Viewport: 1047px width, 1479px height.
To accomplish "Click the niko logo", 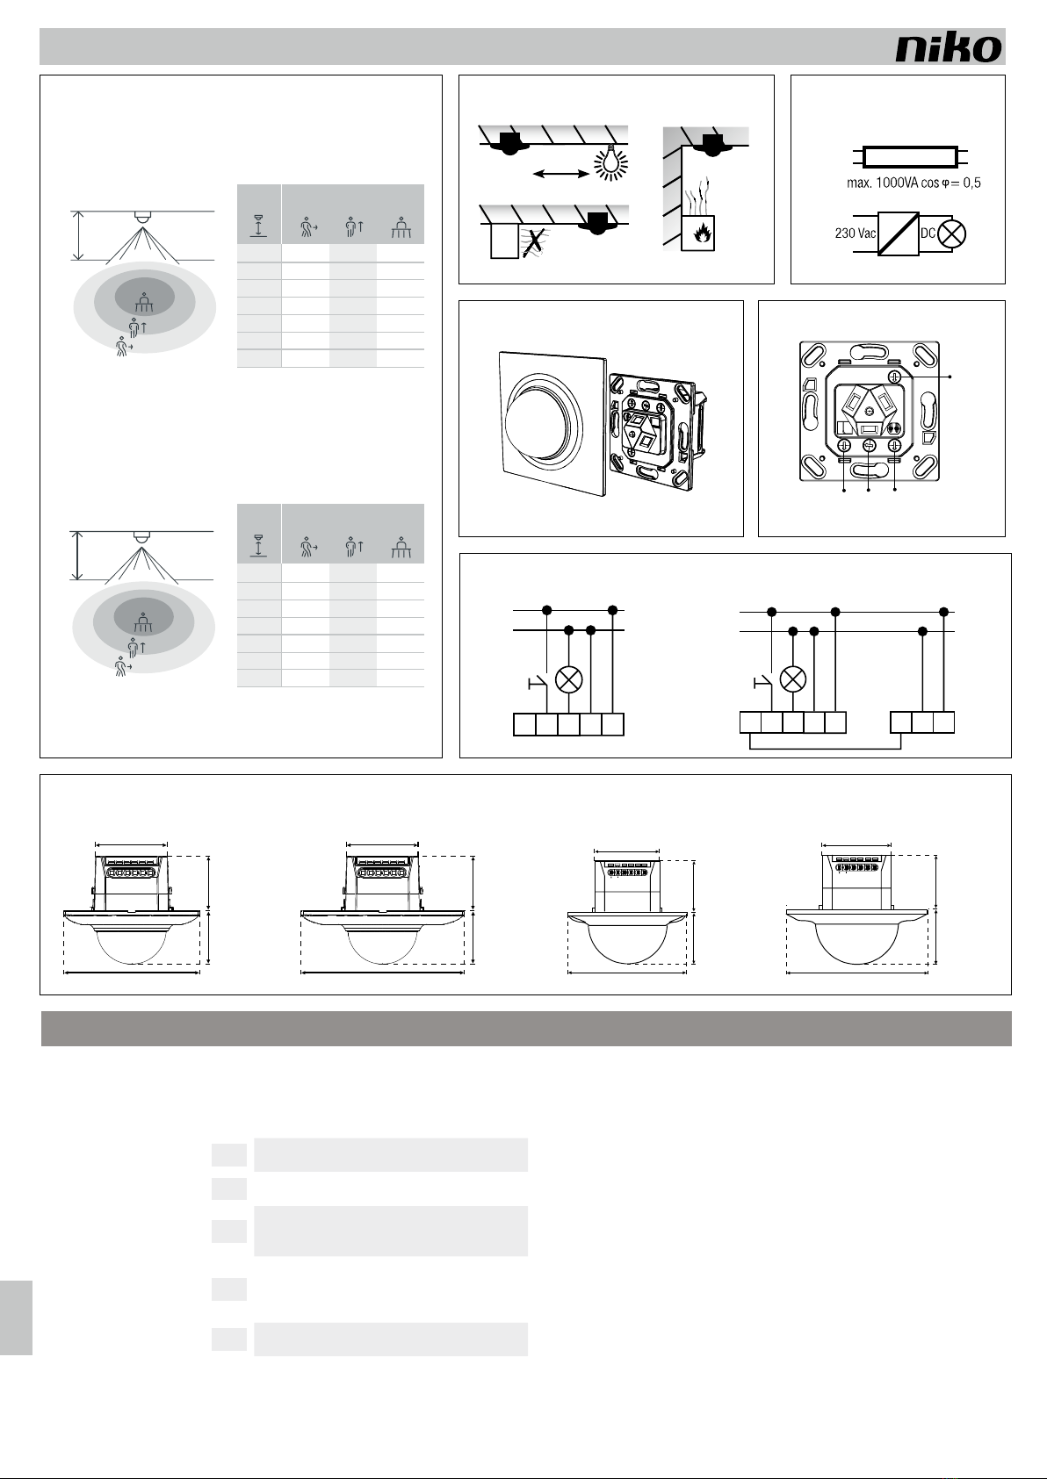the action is point(949,48).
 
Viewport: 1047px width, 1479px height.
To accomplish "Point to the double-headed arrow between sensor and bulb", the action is point(560,174).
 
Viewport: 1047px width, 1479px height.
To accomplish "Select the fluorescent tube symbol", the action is point(910,157).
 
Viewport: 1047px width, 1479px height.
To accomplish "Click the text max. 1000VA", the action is point(883,183).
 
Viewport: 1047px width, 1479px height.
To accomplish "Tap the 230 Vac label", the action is point(855,233).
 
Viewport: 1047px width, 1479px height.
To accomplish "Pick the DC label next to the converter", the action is point(928,233).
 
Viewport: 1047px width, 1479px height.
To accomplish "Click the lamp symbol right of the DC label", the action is point(952,233).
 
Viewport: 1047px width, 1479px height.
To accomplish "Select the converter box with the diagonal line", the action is point(899,233).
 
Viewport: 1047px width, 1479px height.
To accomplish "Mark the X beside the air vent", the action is point(534,242).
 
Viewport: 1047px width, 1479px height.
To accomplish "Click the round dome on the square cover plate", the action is point(543,421).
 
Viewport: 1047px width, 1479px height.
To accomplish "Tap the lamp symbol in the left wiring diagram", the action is point(569,679).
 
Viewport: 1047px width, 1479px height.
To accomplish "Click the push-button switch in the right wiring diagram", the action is point(762,683).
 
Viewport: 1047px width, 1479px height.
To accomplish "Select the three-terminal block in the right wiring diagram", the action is point(922,722).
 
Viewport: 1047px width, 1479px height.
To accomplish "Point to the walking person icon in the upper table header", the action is point(308,227).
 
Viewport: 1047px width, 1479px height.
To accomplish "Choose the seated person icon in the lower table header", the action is point(401,548).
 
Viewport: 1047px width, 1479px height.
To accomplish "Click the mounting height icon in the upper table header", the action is point(259,226).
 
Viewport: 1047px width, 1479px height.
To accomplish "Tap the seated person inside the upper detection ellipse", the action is point(144,302).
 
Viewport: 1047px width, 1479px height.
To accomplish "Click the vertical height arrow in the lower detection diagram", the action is point(78,556).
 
